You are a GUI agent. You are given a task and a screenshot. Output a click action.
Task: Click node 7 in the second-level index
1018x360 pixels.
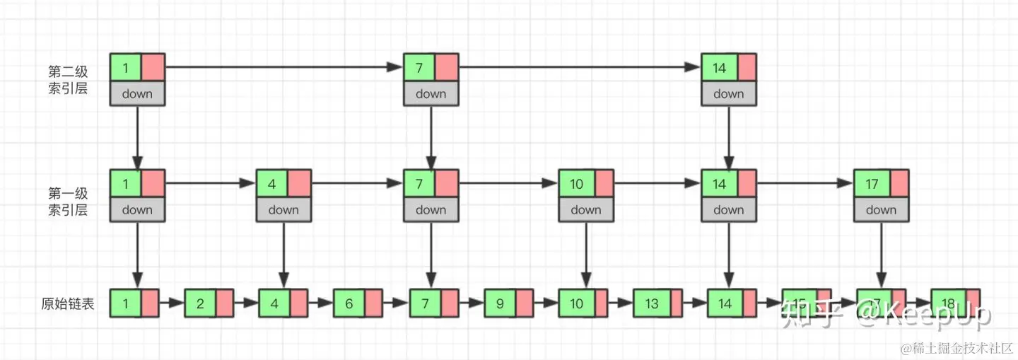pos(419,68)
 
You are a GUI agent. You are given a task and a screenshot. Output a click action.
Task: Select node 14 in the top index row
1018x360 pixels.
pos(720,68)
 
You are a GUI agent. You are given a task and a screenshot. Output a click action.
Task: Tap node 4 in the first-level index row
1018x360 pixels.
pos(271,184)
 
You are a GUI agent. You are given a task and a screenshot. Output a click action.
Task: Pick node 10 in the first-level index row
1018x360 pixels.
pos(577,184)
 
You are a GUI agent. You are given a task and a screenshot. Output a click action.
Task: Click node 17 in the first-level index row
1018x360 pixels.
pos(872,184)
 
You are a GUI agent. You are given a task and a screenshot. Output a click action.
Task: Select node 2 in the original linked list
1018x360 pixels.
pos(201,304)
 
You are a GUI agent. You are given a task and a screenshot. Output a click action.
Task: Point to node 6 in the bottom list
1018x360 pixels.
pos(349,304)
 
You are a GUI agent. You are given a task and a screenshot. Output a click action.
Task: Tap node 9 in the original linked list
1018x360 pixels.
pos(500,304)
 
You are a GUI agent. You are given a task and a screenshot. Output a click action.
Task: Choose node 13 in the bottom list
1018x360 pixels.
pos(651,304)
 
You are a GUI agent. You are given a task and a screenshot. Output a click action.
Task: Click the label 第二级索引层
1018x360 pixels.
pos(68,80)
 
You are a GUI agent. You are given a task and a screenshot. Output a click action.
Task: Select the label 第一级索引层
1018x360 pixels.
pos(68,201)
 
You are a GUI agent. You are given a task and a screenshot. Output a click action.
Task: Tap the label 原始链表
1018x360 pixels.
pos(68,305)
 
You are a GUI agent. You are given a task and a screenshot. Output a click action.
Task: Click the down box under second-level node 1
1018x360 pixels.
pos(137,93)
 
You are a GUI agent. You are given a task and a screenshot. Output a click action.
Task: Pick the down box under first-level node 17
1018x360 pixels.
pos(881,209)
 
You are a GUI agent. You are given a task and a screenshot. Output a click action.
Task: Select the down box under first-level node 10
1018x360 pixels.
pos(585,209)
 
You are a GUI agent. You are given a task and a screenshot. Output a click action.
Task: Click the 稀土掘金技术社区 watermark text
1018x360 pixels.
pos(954,348)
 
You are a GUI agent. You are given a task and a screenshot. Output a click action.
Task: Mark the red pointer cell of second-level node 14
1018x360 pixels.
pos(747,68)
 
